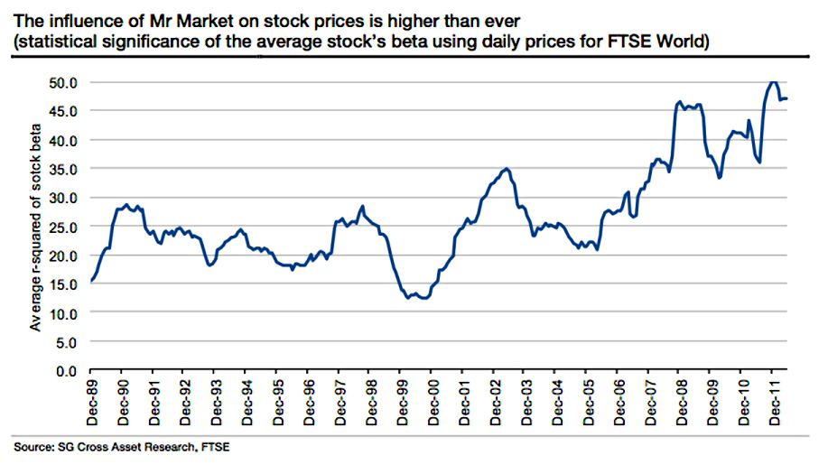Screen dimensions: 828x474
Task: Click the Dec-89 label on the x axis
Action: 92,402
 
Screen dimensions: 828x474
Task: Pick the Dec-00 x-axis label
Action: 433,402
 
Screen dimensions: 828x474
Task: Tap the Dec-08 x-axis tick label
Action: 681,402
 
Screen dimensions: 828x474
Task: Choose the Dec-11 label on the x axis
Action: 774,402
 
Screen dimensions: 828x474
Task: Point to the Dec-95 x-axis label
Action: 278,402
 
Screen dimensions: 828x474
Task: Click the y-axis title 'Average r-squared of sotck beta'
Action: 35,228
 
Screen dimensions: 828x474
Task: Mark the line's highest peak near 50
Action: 773,82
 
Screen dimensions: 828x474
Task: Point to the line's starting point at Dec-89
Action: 91,282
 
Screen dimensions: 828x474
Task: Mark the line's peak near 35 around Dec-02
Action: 507,169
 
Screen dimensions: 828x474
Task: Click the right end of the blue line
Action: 786,98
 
